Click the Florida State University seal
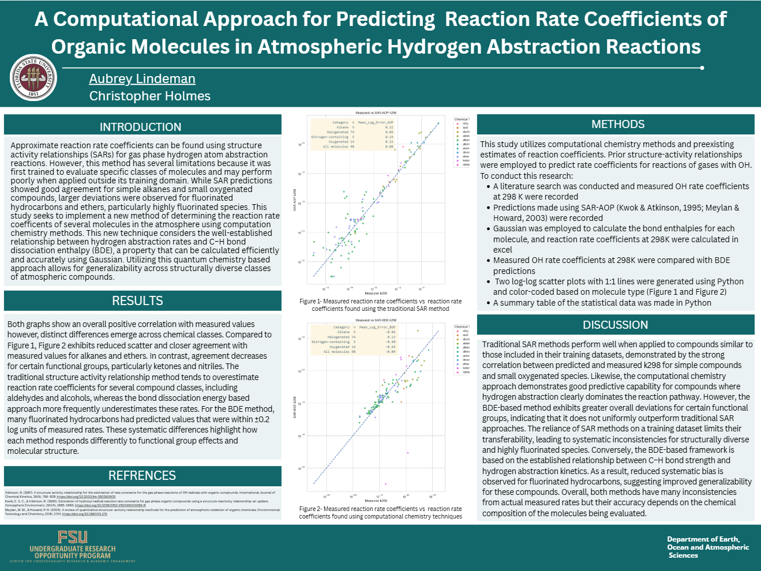click(x=33, y=78)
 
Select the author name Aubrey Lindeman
click(x=142, y=79)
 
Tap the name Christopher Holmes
click(x=149, y=96)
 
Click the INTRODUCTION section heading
click(x=140, y=127)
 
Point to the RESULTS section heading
click(x=137, y=301)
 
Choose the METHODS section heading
click(x=618, y=125)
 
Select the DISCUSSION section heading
click(x=615, y=325)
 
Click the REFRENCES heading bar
click(x=142, y=476)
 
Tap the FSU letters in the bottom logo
click(x=73, y=538)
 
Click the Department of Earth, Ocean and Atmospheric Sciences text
click(x=707, y=547)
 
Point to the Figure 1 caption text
click(x=380, y=305)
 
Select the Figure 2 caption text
click(x=380, y=513)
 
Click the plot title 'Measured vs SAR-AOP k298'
click(x=376, y=113)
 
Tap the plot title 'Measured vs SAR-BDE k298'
click(x=376, y=320)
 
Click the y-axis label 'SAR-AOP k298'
click(x=295, y=200)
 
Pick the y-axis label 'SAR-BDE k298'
click(x=295, y=407)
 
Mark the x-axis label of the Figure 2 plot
click(x=376, y=501)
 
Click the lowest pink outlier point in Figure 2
click(x=385, y=484)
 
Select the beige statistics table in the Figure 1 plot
click(x=353, y=134)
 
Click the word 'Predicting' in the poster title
click(x=385, y=19)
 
